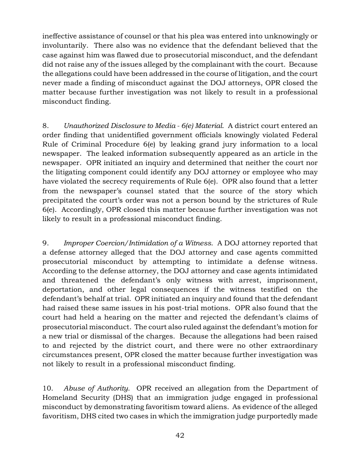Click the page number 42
coord(180,436)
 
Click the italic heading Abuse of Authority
coord(97,388)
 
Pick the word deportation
coord(60,289)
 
